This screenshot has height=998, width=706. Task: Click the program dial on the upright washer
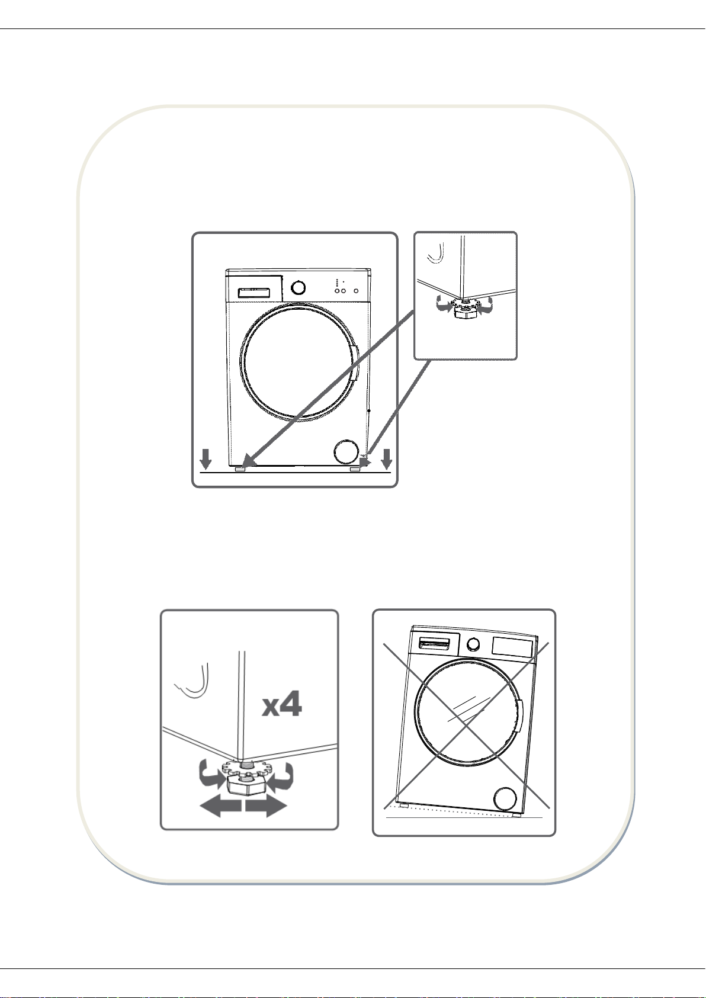click(x=299, y=287)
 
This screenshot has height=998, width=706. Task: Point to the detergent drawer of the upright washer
click(x=253, y=293)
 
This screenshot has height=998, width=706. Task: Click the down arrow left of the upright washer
click(x=206, y=458)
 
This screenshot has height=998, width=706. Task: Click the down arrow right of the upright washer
click(x=387, y=458)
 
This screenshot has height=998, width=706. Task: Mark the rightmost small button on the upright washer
click(x=356, y=291)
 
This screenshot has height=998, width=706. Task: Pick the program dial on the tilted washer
click(x=473, y=644)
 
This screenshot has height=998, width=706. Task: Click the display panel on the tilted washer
click(x=512, y=647)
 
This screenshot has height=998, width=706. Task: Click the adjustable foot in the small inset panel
click(x=465, y=309)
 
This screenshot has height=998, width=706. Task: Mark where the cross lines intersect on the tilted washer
click(x=466, y=726)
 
